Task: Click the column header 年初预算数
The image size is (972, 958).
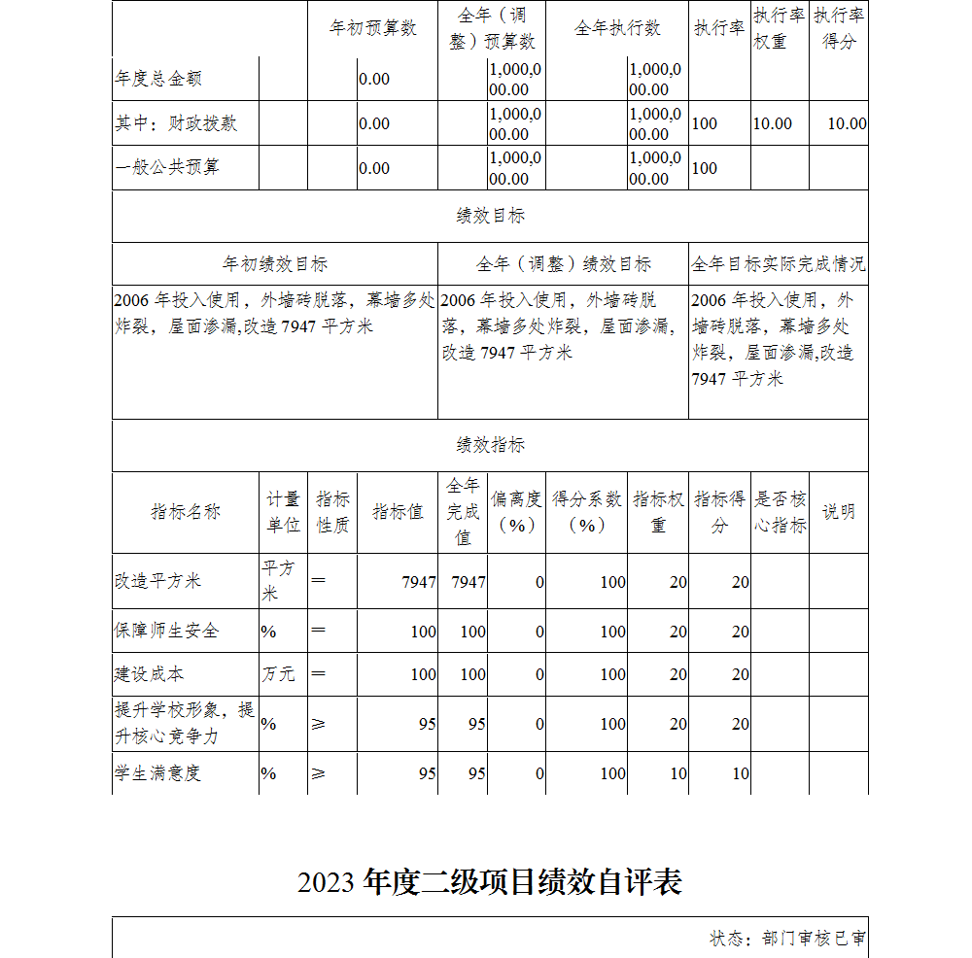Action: tap(373, 28)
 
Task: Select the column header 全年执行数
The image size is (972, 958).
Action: tap(617, 28)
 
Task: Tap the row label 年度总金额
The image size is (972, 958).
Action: tap(158, 79)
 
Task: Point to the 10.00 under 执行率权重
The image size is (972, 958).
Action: tap(773, 123)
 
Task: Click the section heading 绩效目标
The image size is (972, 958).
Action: tap(490, 216)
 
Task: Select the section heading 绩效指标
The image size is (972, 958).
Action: tap(490, 445)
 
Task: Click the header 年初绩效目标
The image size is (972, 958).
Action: tap(275, 263)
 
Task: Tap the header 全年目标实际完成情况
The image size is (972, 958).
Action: tap(779, 263)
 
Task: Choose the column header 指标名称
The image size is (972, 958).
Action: tap(186, 512)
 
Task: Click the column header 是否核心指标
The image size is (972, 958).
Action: tap(781, 512)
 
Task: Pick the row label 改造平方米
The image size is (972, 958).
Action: tap(157, 581)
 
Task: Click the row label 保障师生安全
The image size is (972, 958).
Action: tap(166, 631)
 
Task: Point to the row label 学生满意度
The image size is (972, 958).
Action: tap(157, 773)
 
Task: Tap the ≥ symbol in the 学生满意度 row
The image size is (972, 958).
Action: tap(318, 773)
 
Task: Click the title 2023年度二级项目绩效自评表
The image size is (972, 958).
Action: tap(490, 881)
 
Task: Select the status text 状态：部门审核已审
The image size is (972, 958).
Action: tap(788, 939)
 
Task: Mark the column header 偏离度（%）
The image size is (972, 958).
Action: tap(516, 512)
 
